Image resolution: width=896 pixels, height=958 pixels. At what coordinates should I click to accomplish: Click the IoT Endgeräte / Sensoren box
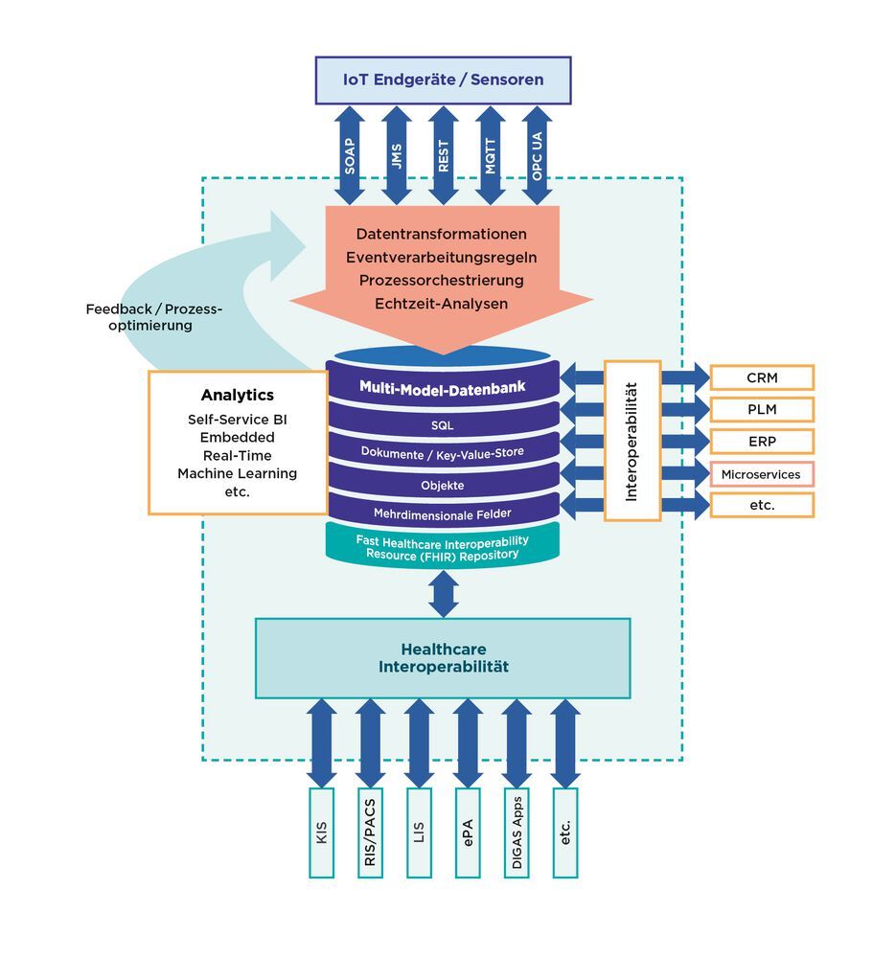[x=443, y=80]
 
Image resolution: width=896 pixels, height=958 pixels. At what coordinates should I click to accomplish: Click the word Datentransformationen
[x=441, y=234]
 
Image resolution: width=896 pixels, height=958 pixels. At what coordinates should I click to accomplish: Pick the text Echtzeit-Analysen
[x=441, y=304]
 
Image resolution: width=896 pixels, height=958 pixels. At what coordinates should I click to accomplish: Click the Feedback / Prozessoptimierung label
[x=152, y=317]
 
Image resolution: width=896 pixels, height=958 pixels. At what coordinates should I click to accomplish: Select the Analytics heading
[x=237, y=395]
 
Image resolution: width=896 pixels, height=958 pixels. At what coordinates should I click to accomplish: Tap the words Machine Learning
[x=237, y=473]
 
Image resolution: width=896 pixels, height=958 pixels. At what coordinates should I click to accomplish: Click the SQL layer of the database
[x=442, y=423]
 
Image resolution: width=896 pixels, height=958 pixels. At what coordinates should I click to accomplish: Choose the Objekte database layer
[x=442, y=486]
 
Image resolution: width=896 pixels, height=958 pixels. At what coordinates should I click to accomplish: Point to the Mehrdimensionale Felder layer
[x=442, y=513]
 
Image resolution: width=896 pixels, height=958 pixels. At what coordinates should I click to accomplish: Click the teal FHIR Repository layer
[x=442, y=547]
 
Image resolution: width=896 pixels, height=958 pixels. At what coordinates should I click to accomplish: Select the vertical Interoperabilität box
[x=632, y=441]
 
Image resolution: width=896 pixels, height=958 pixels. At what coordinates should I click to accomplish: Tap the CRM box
[x=762, y=377]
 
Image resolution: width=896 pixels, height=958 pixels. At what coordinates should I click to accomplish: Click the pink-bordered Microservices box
[x=762, y=474]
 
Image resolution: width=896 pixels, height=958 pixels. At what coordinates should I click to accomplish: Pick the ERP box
[x=762, y=442]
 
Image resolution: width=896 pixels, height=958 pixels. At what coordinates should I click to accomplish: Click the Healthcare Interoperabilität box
[x=442, y=657]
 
